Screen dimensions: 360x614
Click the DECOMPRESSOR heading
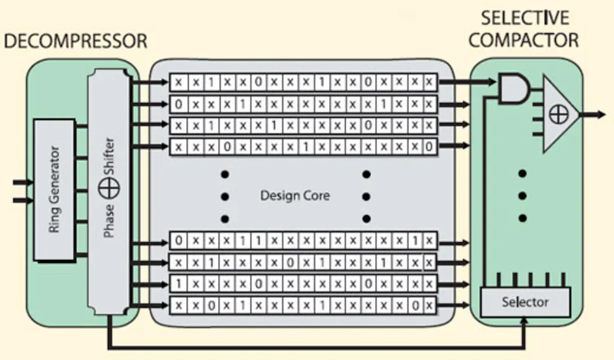[76, 42]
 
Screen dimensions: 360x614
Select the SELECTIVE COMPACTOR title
[524, 29]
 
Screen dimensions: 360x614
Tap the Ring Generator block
[54, 190]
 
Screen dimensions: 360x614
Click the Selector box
[525, 302]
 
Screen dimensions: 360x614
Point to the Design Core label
[294, 195]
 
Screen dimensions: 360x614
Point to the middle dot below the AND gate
[523, 196]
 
